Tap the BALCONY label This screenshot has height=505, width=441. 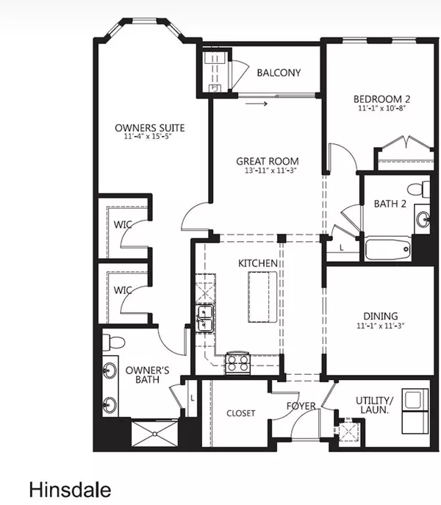pyautogui.click(x=278, y=73)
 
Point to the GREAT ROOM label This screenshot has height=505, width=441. pyautogui.click(x=268, y=162)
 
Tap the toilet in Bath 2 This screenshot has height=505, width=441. pyautogui.click(x=420, y=188)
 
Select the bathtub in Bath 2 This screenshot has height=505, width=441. pyautogui.click(x=388, y=251)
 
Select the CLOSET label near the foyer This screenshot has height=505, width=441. pyautogui.click(x=240, y=413)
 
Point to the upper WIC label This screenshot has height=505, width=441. pyautogui.click(x=122, y=224)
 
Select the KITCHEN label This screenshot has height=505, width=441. pyautogui.click(x=257, y=263)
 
